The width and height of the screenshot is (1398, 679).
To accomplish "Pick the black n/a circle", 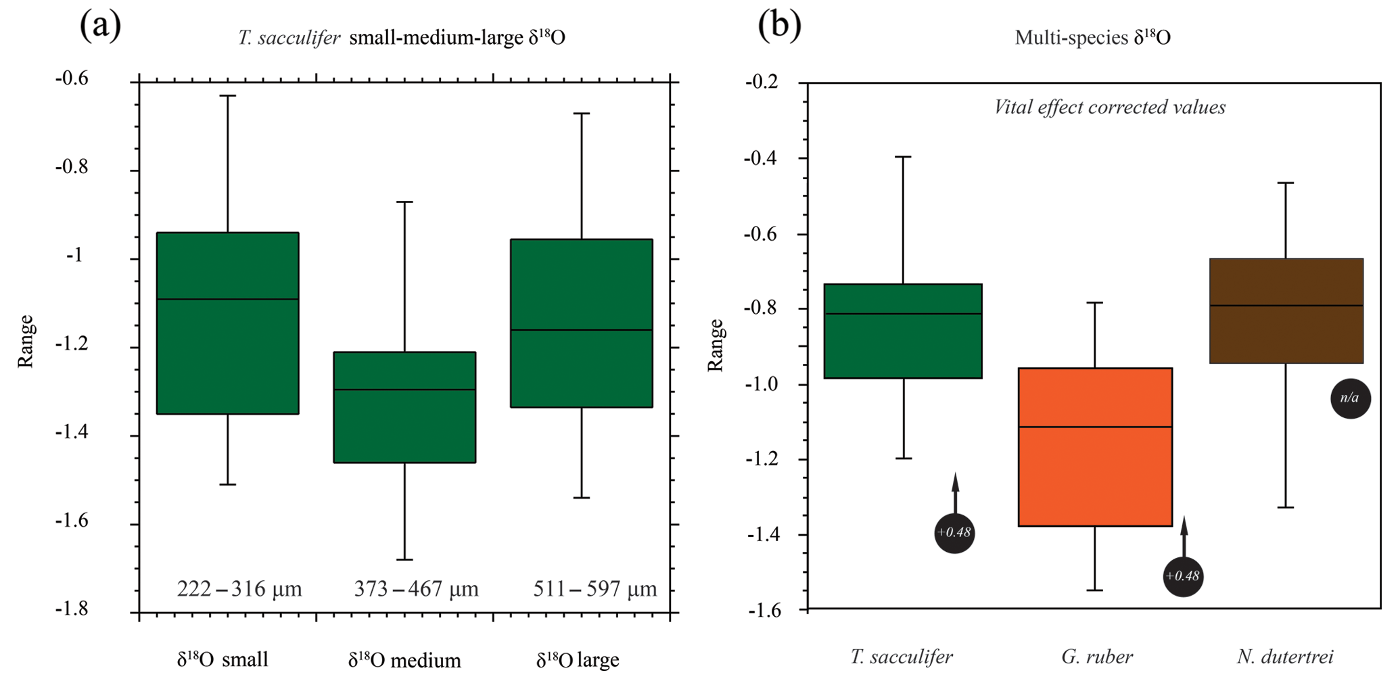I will coord(1350,398).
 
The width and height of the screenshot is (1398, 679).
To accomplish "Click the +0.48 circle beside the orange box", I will coord(1183,576).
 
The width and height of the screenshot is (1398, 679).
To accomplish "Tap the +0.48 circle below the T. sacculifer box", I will coord(954,533).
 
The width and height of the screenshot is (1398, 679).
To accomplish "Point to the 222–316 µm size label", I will coord(239,589).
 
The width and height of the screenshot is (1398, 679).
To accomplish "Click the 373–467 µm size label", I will coord(416,589).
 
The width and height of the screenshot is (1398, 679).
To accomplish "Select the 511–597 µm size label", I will coord(595,589).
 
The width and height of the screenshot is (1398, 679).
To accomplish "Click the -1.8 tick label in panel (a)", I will coord(72,609).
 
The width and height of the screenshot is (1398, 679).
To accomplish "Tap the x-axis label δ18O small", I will coord(223,659).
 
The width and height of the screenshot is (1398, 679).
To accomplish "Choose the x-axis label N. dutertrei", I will coord(1285,657).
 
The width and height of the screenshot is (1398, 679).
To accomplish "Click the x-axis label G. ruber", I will coord(1096,657).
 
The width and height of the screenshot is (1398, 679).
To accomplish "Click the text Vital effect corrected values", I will coord(1109,108).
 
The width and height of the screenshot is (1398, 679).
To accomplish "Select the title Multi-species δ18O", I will coord(1092,37).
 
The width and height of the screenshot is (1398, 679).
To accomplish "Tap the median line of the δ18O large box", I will coord(582,330).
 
